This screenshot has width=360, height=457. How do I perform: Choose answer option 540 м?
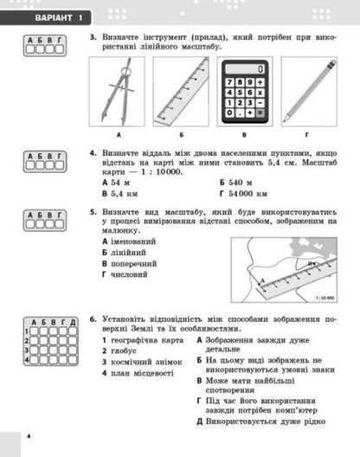pyautogui.click(x=237, y=183)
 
